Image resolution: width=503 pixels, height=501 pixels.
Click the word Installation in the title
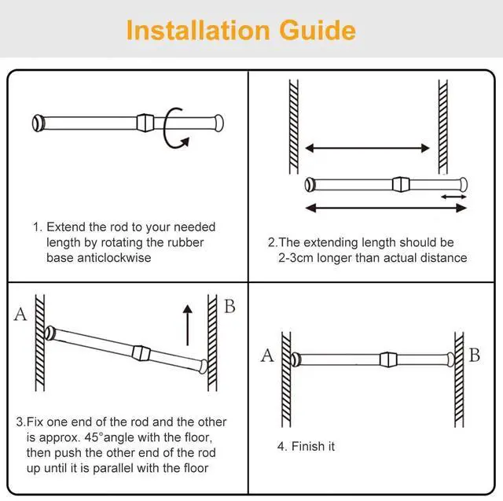[x=198, y=30]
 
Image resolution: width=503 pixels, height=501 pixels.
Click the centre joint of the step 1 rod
[x=145, y=123]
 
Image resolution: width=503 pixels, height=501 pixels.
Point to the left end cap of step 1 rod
[x=38, y=123]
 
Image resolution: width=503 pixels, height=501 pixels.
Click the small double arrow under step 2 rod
[x=453, y=197]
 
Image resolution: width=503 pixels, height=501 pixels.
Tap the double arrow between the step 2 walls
[x=367, y=148]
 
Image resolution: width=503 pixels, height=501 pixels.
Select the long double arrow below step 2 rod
[x=386, y=208]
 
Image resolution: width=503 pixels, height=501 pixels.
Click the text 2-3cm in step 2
[x=296, y=258]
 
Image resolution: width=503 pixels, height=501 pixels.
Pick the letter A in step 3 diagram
[x=20, y=314]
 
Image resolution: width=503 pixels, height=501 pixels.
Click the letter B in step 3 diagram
[x=229, y=306]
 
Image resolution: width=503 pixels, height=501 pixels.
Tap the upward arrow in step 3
[x=188, y=325]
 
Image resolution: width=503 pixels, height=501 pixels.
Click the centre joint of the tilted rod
[x=141, y=352]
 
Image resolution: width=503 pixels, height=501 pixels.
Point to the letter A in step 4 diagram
[x=267, y=355]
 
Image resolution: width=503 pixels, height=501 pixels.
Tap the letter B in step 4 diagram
[x=475, y=355]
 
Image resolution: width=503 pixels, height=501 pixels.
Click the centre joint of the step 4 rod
[x=388, y=359]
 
